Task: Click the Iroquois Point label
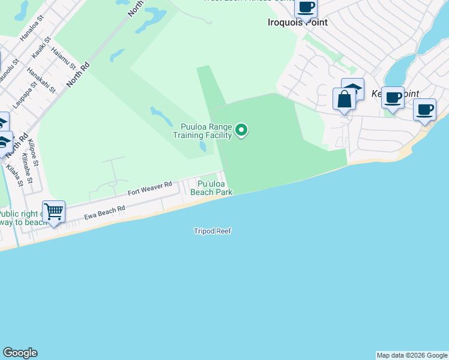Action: tap(297, 22)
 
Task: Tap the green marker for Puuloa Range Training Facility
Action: tap(242, 130)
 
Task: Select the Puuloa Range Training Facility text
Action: tap(202, 131)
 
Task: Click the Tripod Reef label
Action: tap(212, 231)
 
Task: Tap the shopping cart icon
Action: tap(54, 212)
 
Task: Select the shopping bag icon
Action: tap(345, 98)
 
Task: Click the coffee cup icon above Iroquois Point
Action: tap(306, 8)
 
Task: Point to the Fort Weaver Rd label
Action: tap(150, 189)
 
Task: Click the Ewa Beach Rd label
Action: tap(104, 212)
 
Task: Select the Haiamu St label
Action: tap(63, 58)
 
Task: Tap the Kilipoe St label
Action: tap(32, 154)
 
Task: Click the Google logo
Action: tap(20, 353)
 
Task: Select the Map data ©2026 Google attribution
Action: tap(412, 355)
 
